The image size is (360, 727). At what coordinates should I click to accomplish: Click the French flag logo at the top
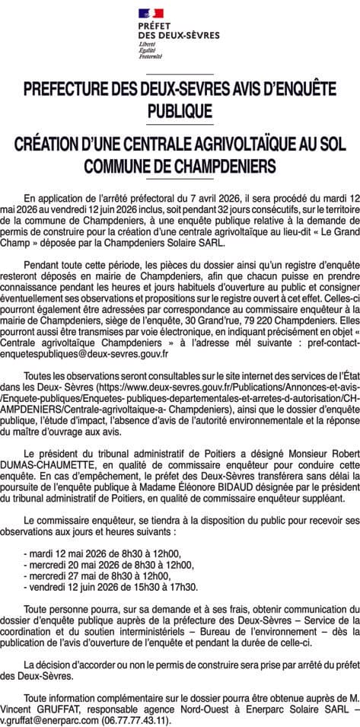point(152,12)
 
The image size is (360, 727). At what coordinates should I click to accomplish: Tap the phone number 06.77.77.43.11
point(134,719)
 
